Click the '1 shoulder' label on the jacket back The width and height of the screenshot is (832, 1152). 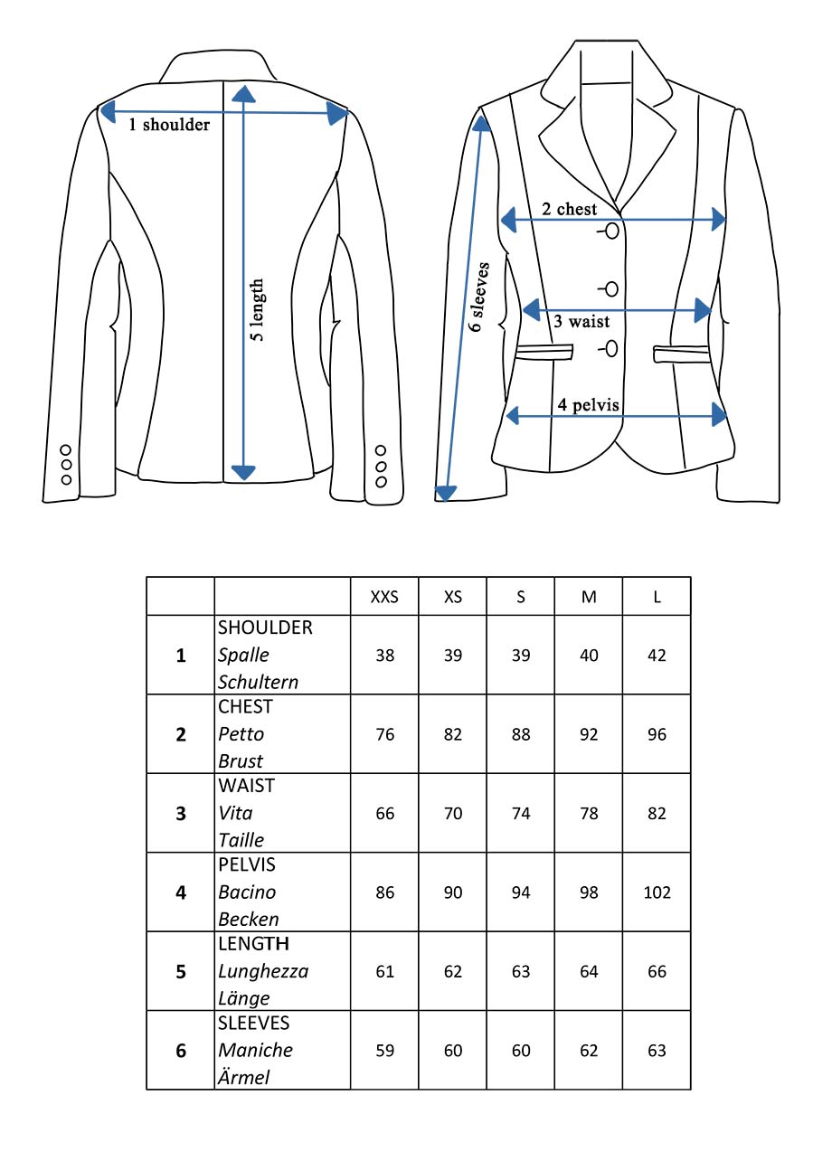[169, 125]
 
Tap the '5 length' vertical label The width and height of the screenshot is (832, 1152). [258, 310]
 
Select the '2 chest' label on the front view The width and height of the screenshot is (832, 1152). [569, 209]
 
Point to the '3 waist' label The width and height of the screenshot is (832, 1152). [581, 321]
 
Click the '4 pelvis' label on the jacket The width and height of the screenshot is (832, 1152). [589, 405]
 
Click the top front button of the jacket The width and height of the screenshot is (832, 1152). [612, 231]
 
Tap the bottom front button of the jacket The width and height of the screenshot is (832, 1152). [612, 348]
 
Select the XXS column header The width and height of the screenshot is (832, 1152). [384, 598]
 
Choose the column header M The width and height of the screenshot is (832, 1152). [589, 598]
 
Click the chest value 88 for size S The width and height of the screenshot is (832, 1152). [521, 734]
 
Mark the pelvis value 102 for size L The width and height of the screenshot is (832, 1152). [657, 892]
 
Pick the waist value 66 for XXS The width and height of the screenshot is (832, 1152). [385, 814]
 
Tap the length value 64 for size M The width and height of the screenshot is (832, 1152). [589, 972]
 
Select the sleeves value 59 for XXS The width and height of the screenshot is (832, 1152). [385, 1051]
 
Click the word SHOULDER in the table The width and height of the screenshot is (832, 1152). [265, 628]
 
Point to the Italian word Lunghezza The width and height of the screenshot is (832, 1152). [263, 972]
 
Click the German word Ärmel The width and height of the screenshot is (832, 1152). [244, 1077]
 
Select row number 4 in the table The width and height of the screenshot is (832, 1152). [181, 892]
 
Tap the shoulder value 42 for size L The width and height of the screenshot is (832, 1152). [657, 655]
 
